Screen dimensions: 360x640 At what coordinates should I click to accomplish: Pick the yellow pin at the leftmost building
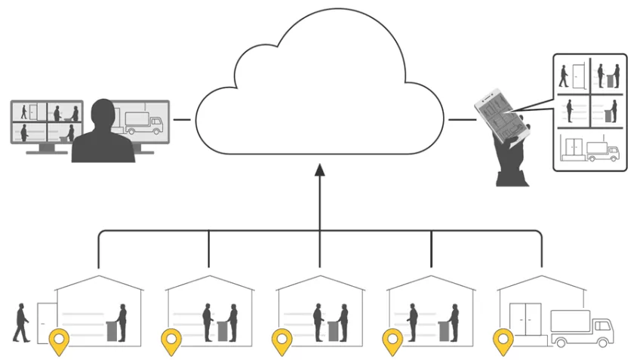tap(58, 342)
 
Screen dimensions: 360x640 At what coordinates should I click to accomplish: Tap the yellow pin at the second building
tap(171, 342)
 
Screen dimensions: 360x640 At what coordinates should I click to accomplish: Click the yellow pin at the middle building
tap(282, 342)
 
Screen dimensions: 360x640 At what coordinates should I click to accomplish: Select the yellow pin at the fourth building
tap(392, 342)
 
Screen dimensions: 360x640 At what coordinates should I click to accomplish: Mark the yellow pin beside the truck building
tap(503, 342)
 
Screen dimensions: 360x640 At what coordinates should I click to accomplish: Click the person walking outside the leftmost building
tap(22, 322)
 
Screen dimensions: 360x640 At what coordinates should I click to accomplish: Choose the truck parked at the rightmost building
tap(581, 328)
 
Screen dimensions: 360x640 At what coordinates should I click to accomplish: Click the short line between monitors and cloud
tap(182, 119)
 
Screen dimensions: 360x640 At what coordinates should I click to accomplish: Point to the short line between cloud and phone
tap(458, 119)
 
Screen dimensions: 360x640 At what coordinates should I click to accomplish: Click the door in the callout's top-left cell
tap(577, 75)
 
